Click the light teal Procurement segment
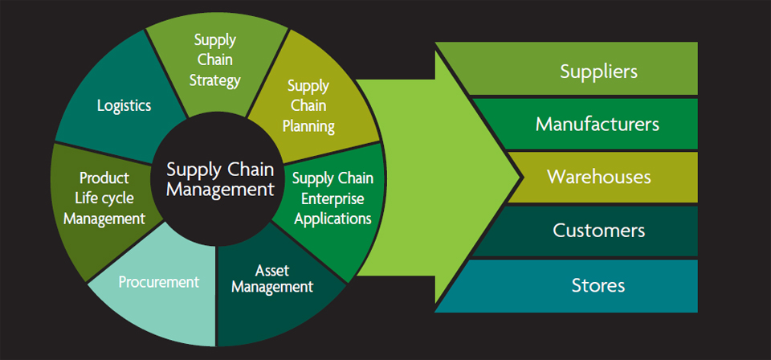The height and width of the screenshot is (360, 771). pyautogui.click(x=157, y=290)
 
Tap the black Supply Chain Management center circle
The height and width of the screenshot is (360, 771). pyautogui.click(x=219, y=179)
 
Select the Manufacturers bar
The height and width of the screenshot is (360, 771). pyautogui.click(x=590, y=124)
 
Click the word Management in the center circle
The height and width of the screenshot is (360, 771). pyautogui.click(x=220, y=190)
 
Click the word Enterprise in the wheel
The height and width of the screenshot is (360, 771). pyautogui.click(x=332, y=198)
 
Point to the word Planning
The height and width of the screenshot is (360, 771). pyautogui.click(x=308, y=126)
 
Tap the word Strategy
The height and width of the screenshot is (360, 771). pyautogui.click(x=215, y=80)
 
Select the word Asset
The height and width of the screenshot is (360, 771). pyautogui.click(x=272, y=271)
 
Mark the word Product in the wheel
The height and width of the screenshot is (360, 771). pyautogui.click(x=104, y=178)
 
